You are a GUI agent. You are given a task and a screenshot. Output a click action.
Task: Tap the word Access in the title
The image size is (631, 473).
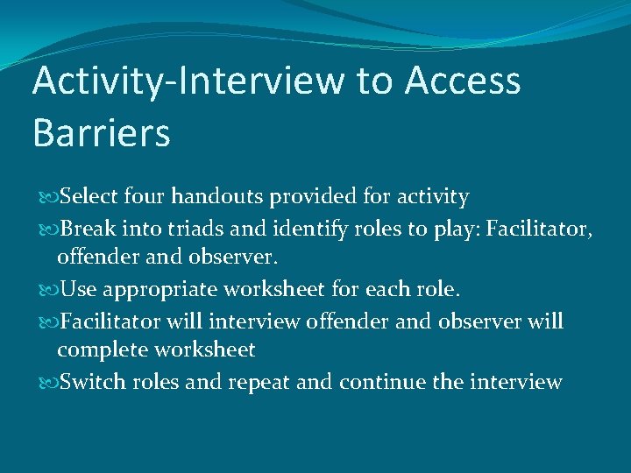[463, 81]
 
